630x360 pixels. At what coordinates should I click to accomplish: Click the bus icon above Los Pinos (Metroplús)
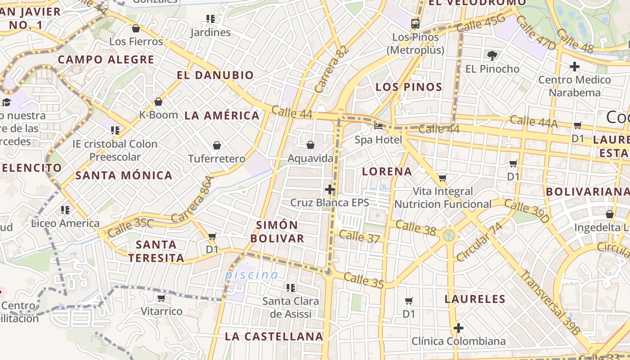click(x=415, y=24)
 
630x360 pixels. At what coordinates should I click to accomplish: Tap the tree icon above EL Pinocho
click(x=492, y=56)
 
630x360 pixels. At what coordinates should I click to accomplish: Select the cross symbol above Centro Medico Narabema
click(x=574, y=67)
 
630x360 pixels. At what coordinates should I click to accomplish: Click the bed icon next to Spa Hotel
click(x=378, y=126)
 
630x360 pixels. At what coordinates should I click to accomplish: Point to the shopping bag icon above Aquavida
click(x=310, y=145)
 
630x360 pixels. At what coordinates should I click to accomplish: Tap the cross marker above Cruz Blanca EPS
click(x=329, y=189)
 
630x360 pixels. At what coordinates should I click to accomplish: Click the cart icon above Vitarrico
click(x=161, y=298)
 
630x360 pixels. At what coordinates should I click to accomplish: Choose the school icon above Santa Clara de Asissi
click(x=291, y=287)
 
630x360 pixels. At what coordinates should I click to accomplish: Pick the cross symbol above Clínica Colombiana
click(x=458, y=328)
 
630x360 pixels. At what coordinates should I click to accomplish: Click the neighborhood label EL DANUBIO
click(x=215, y=75)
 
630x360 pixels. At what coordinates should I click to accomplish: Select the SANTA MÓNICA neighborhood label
click(x=124, y=175)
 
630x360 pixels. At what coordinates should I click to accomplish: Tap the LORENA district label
click(x=387, y=171)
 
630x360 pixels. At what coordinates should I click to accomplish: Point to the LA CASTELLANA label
click(x=274, y=336)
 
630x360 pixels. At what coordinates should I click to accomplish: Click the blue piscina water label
click(x=252, y=274)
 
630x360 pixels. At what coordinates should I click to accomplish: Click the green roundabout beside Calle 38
click(x=449, y=235)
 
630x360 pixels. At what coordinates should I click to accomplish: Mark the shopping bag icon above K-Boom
click(x=158, y=102)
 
